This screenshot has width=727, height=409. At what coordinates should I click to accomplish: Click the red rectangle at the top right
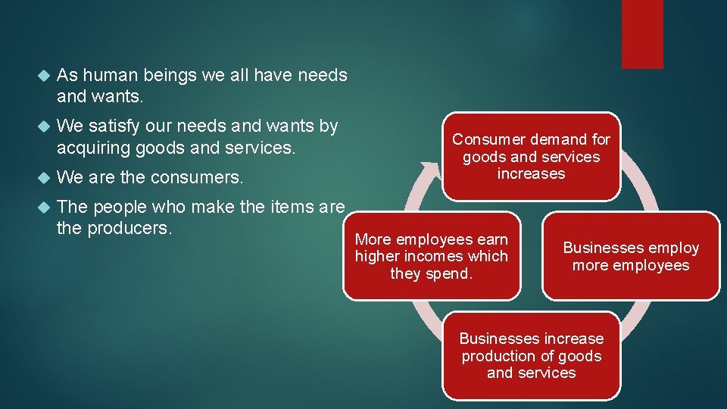[642, 34]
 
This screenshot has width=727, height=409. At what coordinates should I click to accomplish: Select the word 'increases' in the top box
[531, 173]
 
